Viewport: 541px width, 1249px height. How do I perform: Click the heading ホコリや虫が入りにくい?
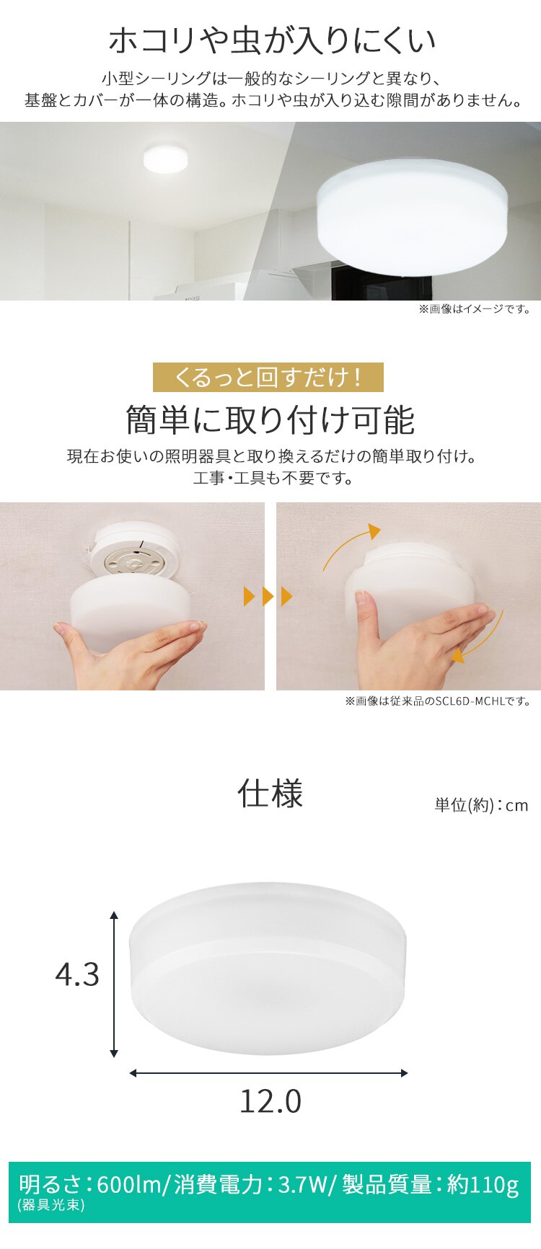(x=272, y=41)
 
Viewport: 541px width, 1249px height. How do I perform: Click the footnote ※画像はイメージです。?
(x=475, y=309)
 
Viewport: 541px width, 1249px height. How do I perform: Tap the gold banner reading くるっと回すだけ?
(x=268, y=378)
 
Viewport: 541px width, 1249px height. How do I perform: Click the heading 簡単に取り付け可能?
(x=270, y=419)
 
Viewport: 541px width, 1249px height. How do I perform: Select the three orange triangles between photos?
(x=269, y=597)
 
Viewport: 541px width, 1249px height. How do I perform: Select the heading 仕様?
(x=270, y=794)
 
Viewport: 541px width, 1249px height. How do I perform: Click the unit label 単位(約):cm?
(x=481, y=805)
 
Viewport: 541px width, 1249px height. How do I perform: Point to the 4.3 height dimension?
(x=77, y=974)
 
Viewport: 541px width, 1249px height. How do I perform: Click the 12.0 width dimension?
(x=270, y=1101)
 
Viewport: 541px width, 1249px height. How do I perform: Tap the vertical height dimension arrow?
(x=114, y=984)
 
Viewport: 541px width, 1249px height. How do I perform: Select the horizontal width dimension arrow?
(x=268, y=1073)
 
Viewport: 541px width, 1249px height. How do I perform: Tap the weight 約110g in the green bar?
(x=483, y=1185)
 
